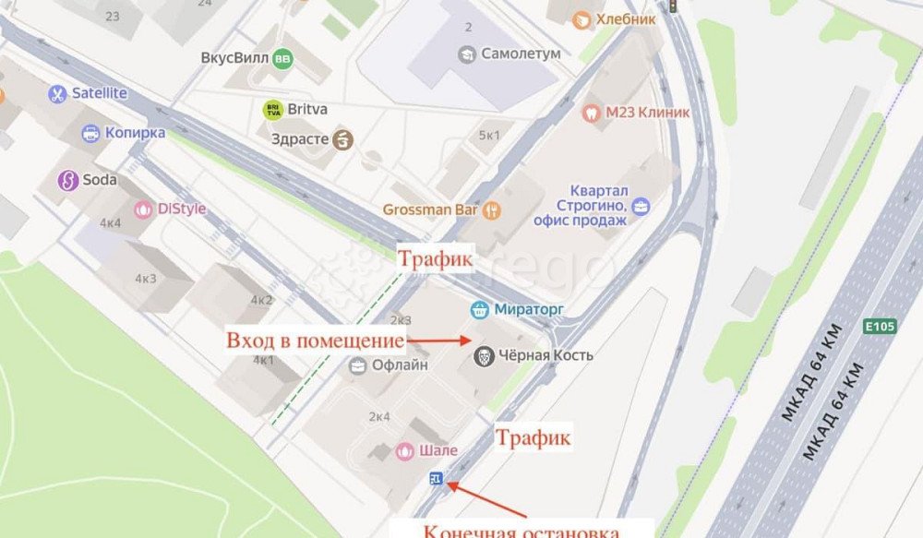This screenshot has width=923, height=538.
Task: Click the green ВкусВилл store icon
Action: pos(282,58)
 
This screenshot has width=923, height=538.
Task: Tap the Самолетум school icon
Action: pos(467,54)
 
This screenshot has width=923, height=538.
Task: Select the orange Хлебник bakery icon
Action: pos(581,19)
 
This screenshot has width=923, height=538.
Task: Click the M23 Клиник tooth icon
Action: pos(591,113)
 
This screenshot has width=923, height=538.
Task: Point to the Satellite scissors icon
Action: pos(58,93)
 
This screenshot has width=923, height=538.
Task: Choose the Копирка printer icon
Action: pos(90,133)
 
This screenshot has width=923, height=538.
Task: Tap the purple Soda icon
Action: pos(67,180)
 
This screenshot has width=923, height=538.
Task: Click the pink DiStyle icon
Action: pos(143,209)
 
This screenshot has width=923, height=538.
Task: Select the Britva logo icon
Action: pos(272,110)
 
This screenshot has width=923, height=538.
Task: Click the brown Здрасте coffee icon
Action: pos(343,139)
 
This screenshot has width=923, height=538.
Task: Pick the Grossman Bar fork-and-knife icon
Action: pos(493,210)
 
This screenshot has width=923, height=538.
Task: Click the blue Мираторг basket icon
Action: pos(479,309)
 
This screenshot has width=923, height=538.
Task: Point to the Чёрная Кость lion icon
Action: pos(483,355)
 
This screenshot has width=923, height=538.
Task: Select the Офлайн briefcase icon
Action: pos(357,365)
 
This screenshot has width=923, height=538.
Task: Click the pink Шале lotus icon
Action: pos(404,451)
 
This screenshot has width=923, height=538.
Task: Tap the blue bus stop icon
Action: pos(436,478)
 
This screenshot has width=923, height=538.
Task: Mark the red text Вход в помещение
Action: pos(315,341)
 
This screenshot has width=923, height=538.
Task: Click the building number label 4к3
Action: pos(146,279)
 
